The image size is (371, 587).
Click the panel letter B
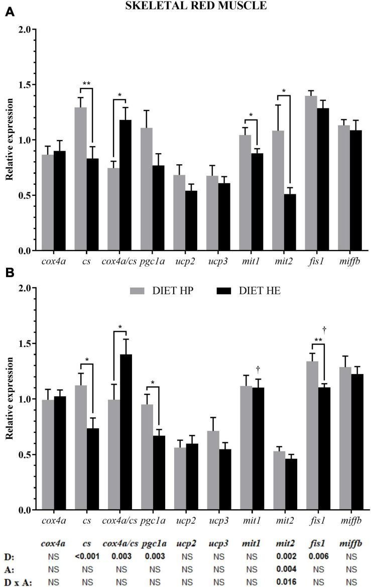tap(9, 275)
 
